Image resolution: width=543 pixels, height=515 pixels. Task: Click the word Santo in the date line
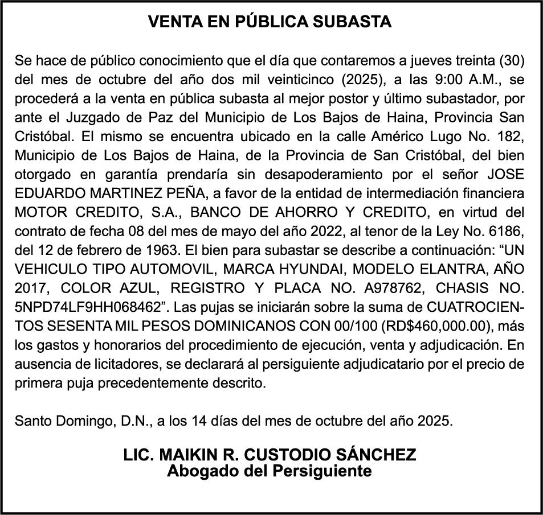point(33,422)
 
